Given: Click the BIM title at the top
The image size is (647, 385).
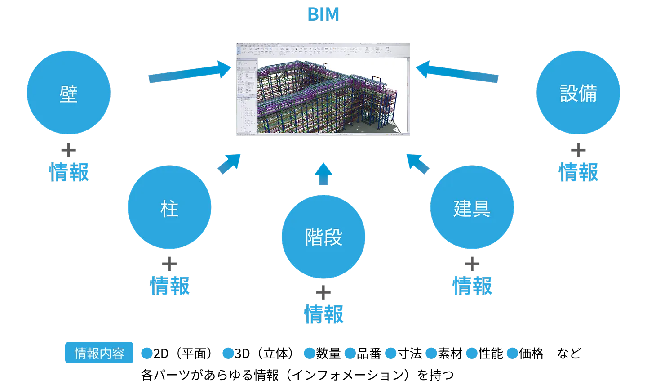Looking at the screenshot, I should click(x=323, y=14).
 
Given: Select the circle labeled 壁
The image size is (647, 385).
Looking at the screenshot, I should click(x=69, y=93).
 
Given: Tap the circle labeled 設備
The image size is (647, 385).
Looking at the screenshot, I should click(x=578, y=93).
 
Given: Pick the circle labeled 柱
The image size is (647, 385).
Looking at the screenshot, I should click(x=169, y=207).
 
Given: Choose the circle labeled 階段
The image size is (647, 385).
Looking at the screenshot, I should click(x=323, y=237).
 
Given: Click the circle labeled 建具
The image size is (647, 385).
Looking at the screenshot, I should click(x=472, y=207).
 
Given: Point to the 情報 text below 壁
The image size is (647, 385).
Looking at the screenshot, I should click(x=69, y=172).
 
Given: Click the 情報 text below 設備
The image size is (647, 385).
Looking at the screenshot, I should click(x=578, y=172).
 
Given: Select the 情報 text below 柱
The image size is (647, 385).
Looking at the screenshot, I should click(x=170, y=286).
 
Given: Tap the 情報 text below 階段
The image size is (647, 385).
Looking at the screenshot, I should click(x=323, y=314).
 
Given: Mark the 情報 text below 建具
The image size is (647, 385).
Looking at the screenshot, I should click(x=472, y=286).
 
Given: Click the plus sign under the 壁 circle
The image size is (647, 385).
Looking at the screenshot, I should click(x=69, y=150).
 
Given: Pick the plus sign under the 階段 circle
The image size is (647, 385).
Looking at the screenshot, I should click(x=323, y=293).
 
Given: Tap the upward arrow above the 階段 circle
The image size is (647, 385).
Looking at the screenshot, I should click(x=323, y=174).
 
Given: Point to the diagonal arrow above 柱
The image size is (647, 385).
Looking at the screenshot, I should click(x=229, y=164).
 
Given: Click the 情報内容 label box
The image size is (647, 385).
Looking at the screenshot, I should click(x=99, y=353).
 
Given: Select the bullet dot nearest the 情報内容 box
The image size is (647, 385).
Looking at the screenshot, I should click(x=147, y=353).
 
